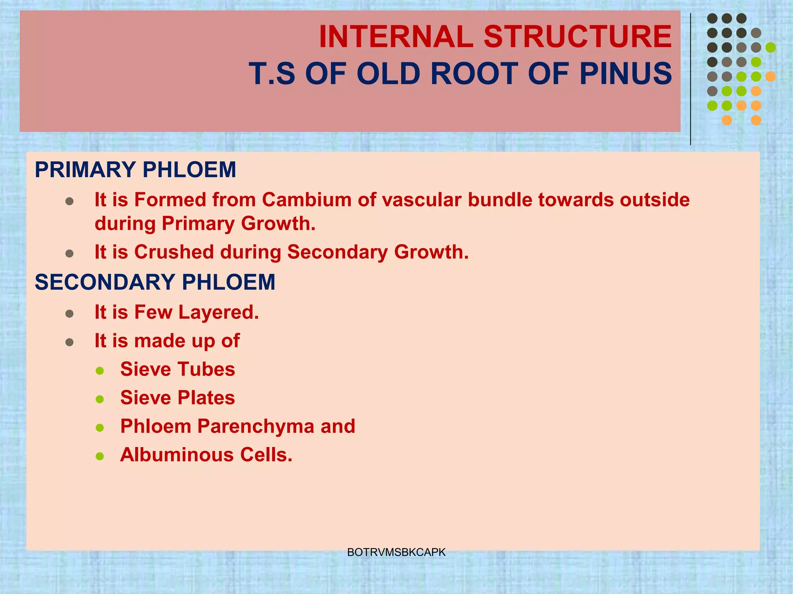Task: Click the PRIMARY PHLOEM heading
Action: coord(135,170)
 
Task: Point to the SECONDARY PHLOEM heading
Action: coord(155,282)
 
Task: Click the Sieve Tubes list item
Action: coord(177,369)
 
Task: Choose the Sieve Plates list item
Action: coord(177,398)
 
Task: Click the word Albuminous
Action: coord(177,455)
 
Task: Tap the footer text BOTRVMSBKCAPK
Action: coord(396,552)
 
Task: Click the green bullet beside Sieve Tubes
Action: coord(100,370)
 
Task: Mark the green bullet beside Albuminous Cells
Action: coord(100,456)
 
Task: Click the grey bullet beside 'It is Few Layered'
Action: coord(70,313)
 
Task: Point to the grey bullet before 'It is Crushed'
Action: coord(70,253)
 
